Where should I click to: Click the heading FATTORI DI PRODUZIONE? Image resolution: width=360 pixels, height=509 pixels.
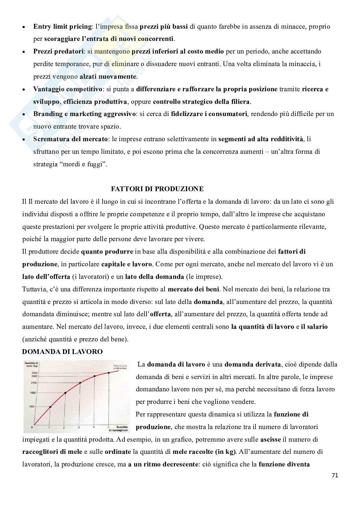click(x=157, y=189)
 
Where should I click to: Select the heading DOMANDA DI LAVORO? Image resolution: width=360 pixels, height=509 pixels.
click(x=62, y=352)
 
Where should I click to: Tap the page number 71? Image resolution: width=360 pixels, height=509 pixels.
click(x=335, y=475)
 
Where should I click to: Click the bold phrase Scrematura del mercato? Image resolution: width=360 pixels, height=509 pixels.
click(x=70, y=139)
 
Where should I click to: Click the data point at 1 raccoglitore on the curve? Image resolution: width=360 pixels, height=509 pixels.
click(x=50, y=407)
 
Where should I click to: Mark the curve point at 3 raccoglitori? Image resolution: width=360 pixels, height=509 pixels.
click(x=80, y=383)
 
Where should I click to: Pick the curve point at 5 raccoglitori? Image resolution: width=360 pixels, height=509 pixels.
click(x=109, y=373)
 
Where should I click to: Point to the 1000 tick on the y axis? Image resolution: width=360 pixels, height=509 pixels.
click(x=31, y=407)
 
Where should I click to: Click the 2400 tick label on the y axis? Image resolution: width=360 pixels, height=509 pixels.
click(x=34, y=383)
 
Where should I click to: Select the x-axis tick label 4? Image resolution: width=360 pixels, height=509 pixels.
click(x=94, y=427)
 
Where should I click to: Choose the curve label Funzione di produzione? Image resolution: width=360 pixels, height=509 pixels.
click(x=120, y=367)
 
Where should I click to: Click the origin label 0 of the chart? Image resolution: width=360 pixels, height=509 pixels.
click(x=32, y=427)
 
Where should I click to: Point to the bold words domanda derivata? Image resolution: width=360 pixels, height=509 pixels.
click(x=253, y=364)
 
